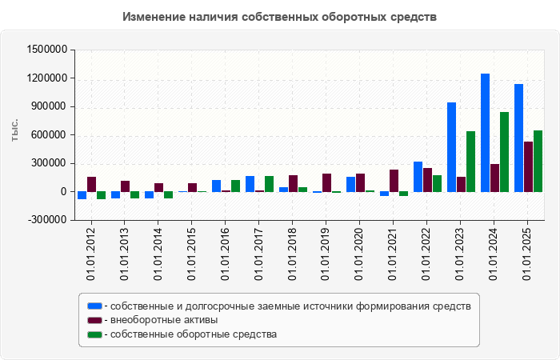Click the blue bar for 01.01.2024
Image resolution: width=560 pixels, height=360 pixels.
486,133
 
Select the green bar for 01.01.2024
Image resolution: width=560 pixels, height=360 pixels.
505,152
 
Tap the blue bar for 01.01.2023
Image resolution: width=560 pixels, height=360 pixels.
452,147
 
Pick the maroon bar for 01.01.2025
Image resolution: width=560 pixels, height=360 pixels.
529,166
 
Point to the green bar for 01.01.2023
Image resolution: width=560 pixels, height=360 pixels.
471,162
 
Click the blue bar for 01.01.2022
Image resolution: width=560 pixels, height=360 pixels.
418,177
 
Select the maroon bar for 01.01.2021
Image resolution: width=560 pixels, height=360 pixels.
394,181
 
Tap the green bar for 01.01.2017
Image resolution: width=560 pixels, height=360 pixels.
270,184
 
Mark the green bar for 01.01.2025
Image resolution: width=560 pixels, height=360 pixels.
538,161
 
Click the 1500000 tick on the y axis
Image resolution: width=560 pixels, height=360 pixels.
47,50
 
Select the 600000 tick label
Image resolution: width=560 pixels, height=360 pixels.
50,135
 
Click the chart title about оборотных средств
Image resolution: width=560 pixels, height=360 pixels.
280,17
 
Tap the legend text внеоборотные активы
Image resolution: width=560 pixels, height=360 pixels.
164,320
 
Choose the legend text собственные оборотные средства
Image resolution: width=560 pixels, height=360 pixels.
194,334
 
